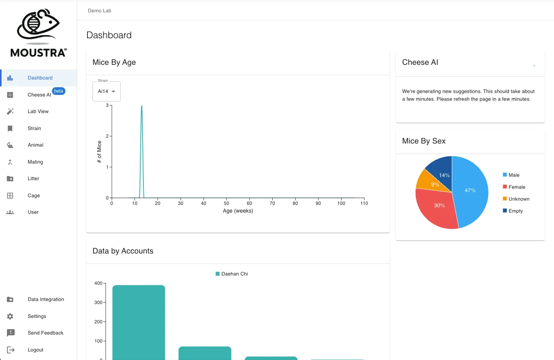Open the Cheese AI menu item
click(39, 95)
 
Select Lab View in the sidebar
click(38, 112)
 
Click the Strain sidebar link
click(34, 128)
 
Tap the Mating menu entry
click(35, 162)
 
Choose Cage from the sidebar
click(34, 196)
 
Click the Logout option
click(35, 350)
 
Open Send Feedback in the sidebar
click(45, 333)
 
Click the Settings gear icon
click(10, 316)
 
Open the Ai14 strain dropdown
click(106, 91)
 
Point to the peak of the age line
click(142, 106)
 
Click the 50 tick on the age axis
click(226, 203)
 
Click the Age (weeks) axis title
click(238, 211)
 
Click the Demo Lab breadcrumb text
click(99, 11)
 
